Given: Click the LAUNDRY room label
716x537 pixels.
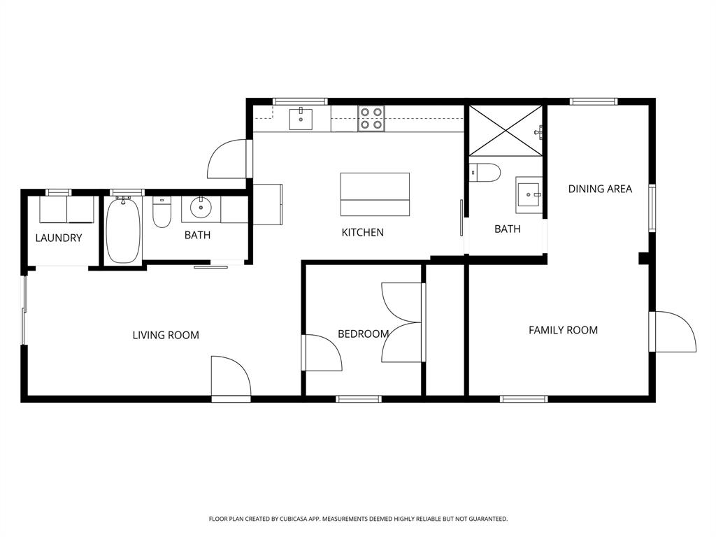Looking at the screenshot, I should [x=59, y=238].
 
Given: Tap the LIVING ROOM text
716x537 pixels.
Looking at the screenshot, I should [x=166, y=335].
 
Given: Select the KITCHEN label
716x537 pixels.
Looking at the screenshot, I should [x=362, y=232].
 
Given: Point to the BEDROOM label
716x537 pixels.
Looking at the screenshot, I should [x=363, y=334].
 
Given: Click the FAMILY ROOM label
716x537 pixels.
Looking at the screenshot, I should [x=563, y=330].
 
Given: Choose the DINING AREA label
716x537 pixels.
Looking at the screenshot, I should [x=600, y=189].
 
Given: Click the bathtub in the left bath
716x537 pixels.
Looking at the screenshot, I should [x=123, y=230].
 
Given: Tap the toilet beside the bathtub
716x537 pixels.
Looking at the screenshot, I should [x=162, y=211].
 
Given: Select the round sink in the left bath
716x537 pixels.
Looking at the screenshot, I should [x=201, y=207].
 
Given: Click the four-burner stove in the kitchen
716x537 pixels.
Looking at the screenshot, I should [x=371, y=119].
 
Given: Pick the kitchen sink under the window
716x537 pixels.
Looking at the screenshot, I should [x=301, y=119].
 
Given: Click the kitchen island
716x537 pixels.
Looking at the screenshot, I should [x=375, y=194].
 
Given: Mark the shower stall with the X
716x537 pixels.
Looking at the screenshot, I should [x=504, y=130].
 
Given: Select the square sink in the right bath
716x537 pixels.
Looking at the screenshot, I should [x=529, y=194].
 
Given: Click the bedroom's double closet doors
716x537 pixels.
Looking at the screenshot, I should [x=402, y=322].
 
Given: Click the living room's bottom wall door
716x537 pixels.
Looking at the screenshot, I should [x=231, y=377].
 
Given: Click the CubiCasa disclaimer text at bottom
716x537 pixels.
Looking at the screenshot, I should [x=358, y=519].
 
